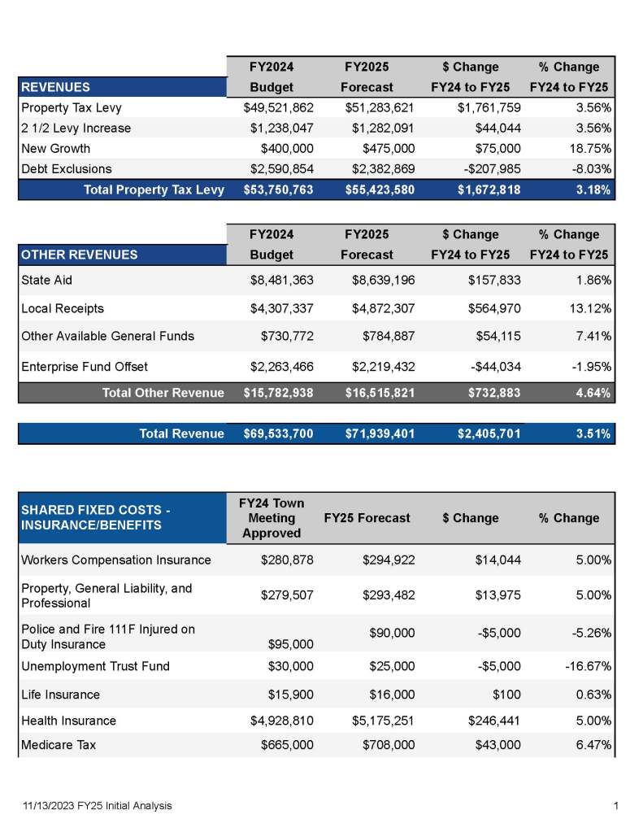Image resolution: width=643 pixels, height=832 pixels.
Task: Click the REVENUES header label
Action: (x=56, y=87)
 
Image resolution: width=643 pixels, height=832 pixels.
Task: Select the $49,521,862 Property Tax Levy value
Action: (x=278, y=107)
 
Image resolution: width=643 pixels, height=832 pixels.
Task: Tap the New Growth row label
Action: (x=56, y=149)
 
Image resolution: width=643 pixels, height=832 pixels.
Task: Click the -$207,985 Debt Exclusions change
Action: (x=484, y=169)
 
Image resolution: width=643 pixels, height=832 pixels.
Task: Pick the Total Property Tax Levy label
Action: (x=154, y=190)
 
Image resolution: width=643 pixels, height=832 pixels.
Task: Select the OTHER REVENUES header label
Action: (x=80, y=255)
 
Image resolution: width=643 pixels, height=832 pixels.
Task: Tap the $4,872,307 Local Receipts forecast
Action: (x=380, y=309)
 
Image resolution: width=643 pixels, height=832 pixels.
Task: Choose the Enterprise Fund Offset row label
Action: (x=85, y=367)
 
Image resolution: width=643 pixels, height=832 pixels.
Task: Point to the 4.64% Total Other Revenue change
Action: (x=593, y=393)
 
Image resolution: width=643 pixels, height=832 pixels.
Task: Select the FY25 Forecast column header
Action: (x=367, y=518)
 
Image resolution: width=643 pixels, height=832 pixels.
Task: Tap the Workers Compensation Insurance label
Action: (x=116, y=560)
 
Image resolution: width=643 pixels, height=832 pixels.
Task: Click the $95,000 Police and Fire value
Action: (x=290, y=645)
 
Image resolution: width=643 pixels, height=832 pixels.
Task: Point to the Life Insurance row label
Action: (x=61, y=695)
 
